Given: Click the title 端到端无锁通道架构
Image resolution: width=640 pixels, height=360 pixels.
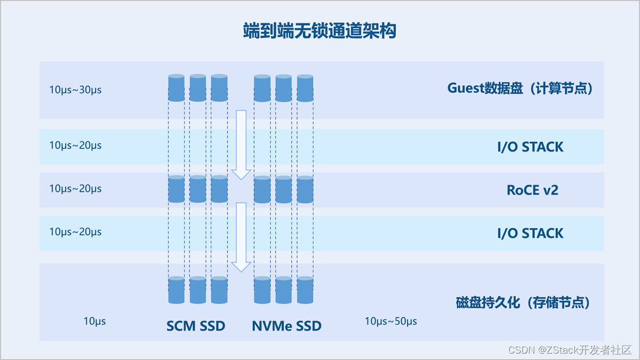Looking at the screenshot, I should (x=319, y=31).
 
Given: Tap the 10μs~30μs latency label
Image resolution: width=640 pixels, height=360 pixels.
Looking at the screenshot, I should (x=75, y=90).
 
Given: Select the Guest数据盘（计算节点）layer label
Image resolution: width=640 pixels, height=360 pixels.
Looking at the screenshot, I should (x=520, y=88).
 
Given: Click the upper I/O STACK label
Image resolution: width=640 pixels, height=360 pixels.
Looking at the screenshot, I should (x=530, y=147).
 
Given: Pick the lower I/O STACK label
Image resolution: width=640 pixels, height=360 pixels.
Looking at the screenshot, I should (x=530, y=233).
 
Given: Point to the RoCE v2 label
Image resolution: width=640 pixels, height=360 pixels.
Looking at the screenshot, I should (x=532, y=190).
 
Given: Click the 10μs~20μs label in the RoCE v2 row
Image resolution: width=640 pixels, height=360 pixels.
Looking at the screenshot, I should (x=75, y=188).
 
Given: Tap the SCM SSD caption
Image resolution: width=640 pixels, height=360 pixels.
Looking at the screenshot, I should (x=196, y=325).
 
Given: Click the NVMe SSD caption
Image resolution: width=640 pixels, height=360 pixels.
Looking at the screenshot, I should (x=286, y=325).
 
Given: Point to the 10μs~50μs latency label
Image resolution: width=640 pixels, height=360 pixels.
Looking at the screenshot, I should (x=391, y=321).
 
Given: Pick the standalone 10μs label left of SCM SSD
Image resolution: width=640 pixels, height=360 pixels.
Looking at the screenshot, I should (x=94, y=321).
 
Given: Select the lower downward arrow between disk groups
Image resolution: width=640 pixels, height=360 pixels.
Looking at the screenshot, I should (x=241, y=236).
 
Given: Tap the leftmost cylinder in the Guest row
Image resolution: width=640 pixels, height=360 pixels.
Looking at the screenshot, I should (x=177, y=88).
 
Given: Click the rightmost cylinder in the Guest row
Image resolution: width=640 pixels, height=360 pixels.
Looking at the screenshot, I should (x=305, y=88).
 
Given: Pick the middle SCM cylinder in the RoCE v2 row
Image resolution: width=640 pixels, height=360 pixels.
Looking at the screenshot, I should (x=198, y=189).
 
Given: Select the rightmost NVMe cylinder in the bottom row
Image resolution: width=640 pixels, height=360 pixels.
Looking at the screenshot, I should (x=305, y=290).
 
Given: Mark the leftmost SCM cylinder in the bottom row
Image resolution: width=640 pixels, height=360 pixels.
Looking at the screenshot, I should (x=177, y=290).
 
